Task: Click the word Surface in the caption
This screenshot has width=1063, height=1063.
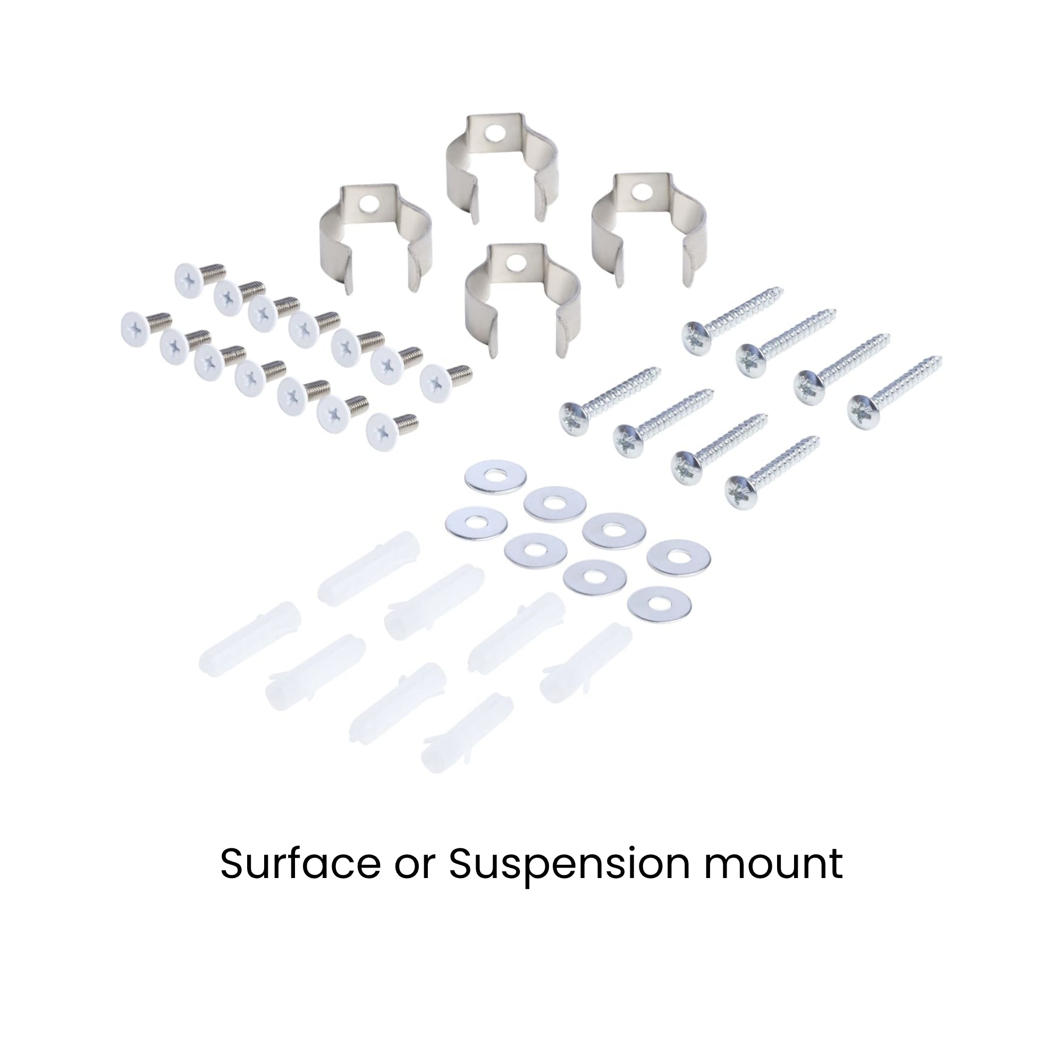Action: pyautogui.click(x=300, y=864)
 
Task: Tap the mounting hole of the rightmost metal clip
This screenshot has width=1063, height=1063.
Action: pyautogui.click(x=640, y=191)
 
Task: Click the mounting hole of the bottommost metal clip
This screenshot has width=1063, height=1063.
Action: pyautogui.click(x=516, y=262)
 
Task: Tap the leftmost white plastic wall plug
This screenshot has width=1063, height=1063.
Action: pyautogui.click(x=251, y=635)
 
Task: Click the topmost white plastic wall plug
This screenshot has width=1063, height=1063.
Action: pyautogui.click(x=369, y=568)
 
